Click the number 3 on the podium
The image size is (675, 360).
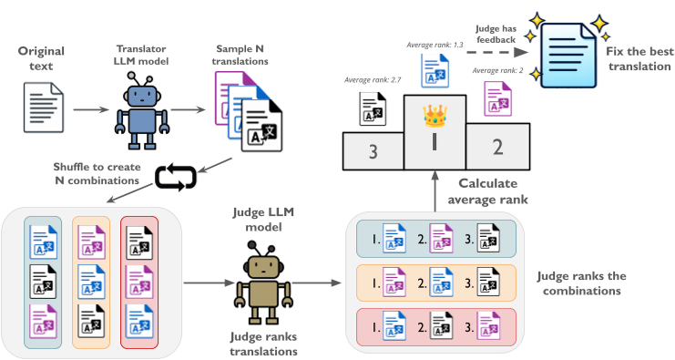point(372,151)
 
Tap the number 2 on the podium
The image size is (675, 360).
point(496,147)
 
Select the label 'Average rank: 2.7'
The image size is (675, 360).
point(373,80)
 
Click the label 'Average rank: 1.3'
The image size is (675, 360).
point(434,45)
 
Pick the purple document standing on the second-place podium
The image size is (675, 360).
point(497,98)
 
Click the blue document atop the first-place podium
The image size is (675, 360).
point(434,70)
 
